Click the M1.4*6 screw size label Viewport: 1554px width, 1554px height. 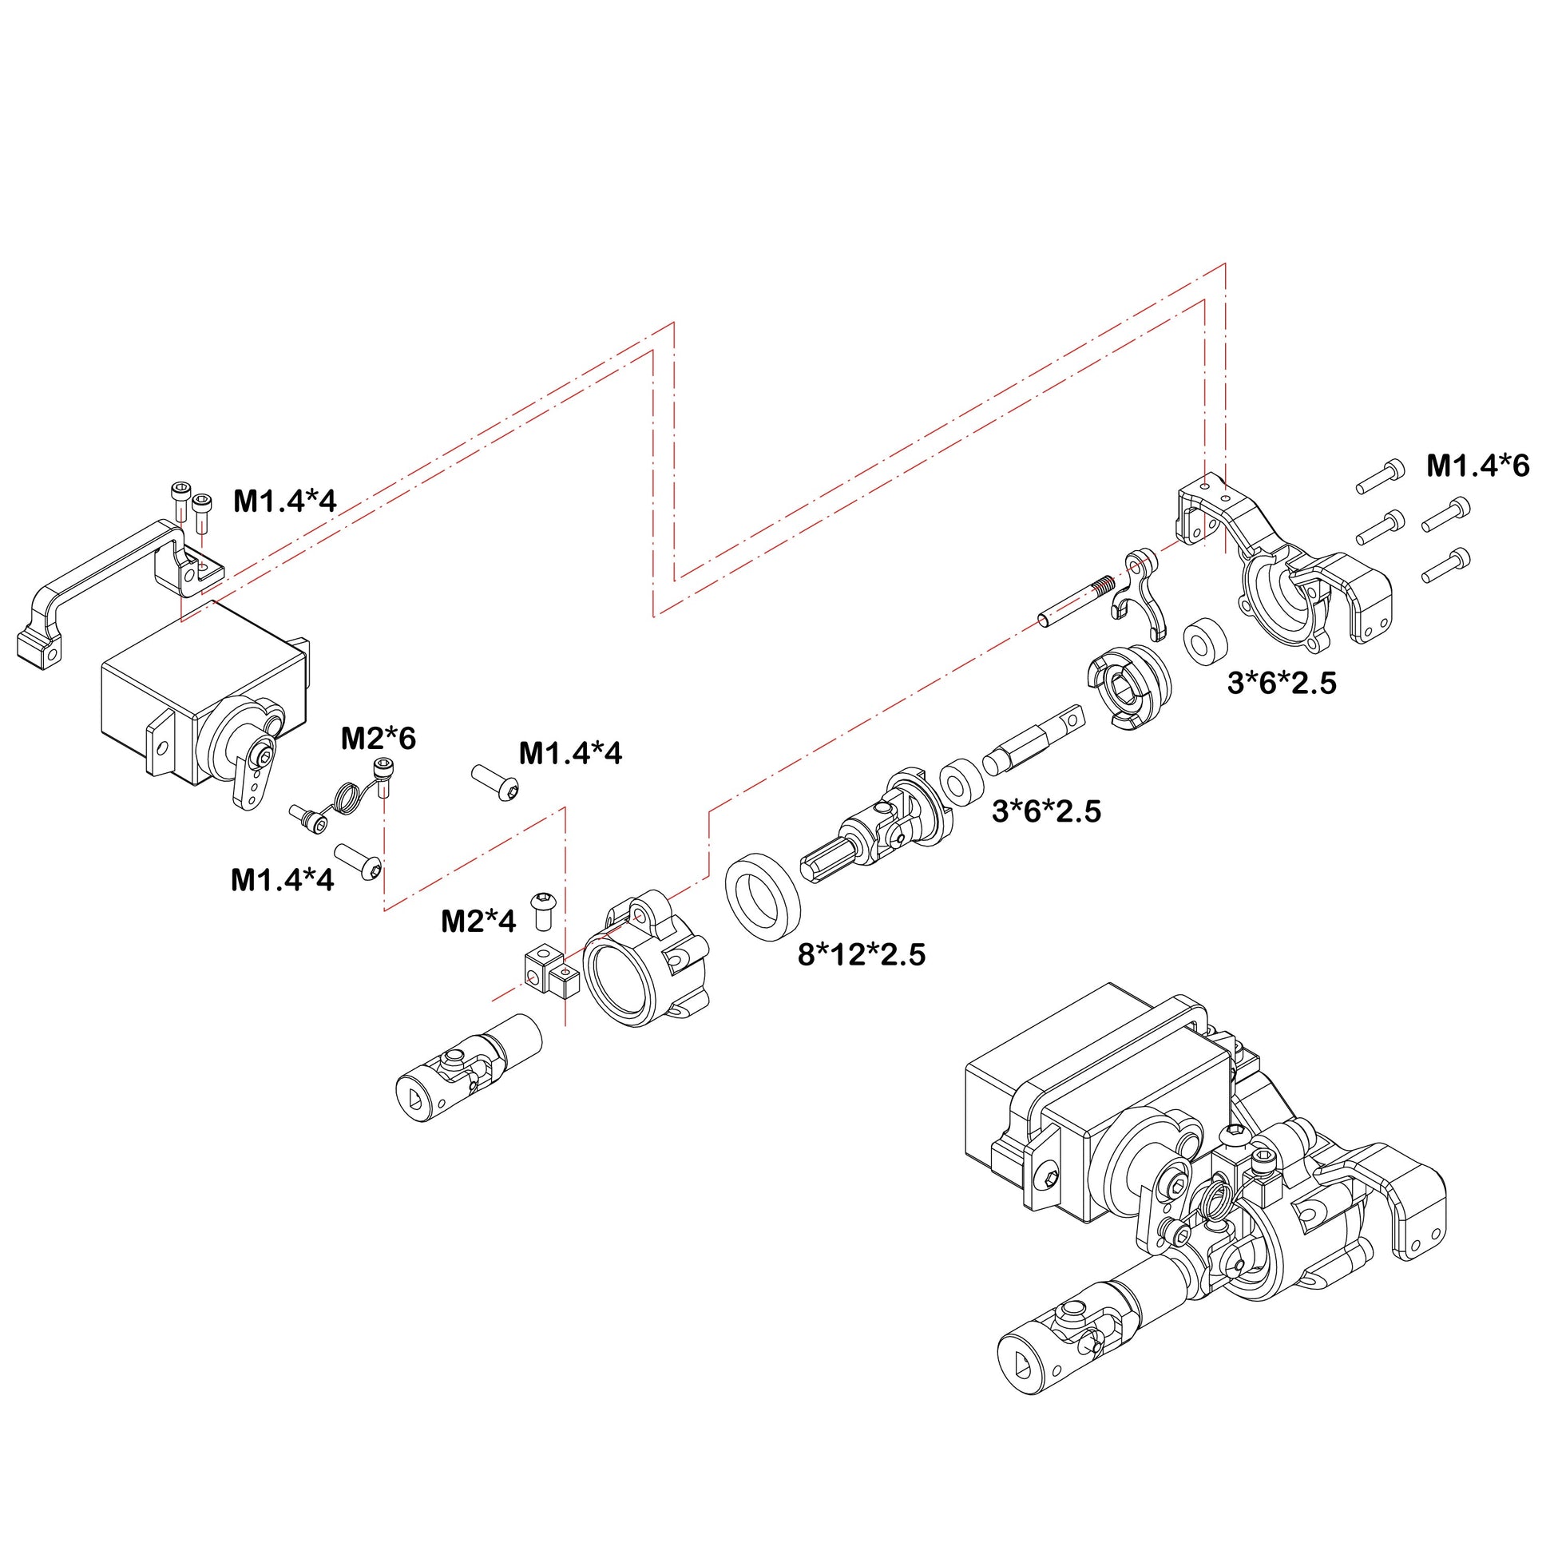pos(1477,466)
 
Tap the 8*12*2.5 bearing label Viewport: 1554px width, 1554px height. pos(862,955)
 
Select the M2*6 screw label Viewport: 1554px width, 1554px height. pos(378,738)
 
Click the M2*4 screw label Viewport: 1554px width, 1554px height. pos(478,921)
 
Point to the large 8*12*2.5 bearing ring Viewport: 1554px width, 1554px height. pos(763,894)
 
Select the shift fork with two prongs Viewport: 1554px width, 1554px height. pos(1140,593)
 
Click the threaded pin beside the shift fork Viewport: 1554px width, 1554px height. pos(1074,601)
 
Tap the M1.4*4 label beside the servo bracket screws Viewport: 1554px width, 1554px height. pos(285,501)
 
